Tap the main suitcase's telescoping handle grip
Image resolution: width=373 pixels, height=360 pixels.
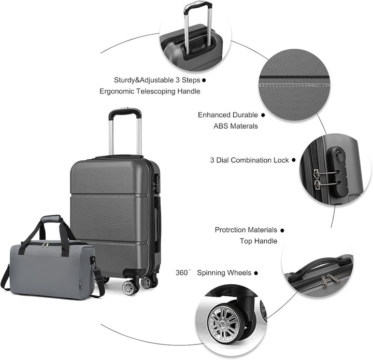click(x=125, y=111)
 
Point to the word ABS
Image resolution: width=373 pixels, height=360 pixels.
click(x=220, y=126)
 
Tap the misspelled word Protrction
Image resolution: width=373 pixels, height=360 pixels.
click(x=232, y=230)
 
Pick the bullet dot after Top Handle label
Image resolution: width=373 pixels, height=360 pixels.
click(x=282, y=230)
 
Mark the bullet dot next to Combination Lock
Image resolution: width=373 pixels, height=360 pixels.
click(x=294, y=160)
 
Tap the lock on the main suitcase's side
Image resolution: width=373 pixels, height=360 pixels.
click(x=156, y=184)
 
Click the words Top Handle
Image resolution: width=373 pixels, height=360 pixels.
click(x=258, y=241)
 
